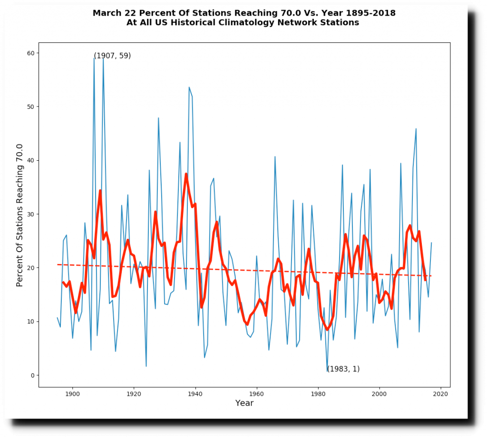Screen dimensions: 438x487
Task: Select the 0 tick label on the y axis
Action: [33, 375]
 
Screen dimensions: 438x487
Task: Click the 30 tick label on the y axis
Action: [31, 214]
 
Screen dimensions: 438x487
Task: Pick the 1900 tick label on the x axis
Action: [72, 394]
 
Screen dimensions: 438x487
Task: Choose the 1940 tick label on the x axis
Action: [195, 394]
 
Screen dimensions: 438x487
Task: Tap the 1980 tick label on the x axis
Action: [318, 394]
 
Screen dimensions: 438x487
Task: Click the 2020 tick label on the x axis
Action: [440, 394]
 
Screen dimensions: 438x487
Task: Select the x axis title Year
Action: [244, 403]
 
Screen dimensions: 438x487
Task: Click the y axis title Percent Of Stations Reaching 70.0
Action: [20, 215]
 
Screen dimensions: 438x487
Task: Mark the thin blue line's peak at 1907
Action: [94, 58]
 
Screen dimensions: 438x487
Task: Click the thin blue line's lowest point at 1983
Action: [327, 371]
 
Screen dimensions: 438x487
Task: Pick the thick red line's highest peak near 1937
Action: [186, 174]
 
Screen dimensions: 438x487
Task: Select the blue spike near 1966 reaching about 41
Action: [275, 156]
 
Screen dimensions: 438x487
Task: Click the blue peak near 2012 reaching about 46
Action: [416, 129]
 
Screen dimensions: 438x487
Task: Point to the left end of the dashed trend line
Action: [58, 264]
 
